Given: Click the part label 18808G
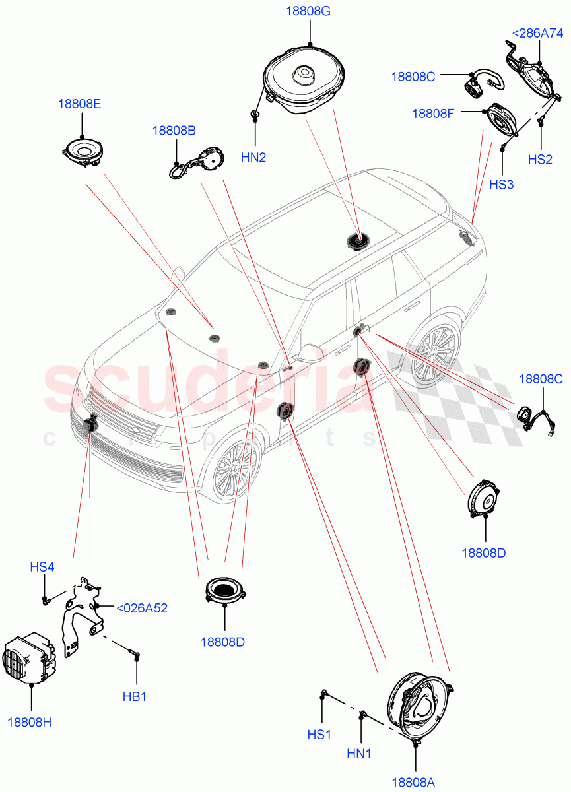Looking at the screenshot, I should pyautogui.click(x=308, y=11).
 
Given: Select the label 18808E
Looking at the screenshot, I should pyautogui.click(x=79, y=104).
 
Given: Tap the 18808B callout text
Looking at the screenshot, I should pyautogui.click(x=174, y=131).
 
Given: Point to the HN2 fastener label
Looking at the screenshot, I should pyautogui.click(x=253, y=157).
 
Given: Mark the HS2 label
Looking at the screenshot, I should pyautogui.click(x=539, y=160).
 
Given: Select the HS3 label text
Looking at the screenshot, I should pyautogui.click(x=501, y=185).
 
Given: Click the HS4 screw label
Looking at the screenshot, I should pyautogui.click(x=42, y=566).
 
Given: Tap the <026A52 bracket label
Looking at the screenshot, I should pyautogui.click(x=141, y=608).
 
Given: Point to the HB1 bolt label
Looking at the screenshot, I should pyautogui.click(x=135, y=696).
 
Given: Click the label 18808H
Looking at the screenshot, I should pyautogui.click(x=30, y=722).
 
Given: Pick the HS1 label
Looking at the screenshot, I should pyautogui.click(x=319, y=734).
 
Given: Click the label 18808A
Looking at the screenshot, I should pyautogui.click(x=413, y=782).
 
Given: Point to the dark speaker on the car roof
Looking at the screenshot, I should pyautogui.click(x=356, y=242).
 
